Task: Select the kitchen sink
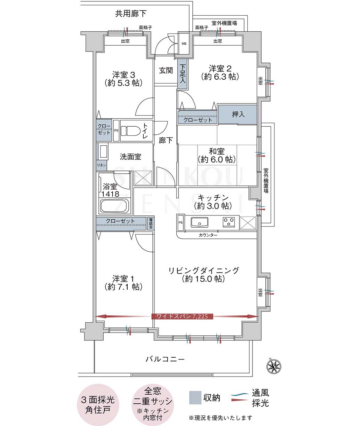tap(199, 222)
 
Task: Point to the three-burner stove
tap(229, 222)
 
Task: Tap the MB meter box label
tap(184, 44)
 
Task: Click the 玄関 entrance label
tap(166, 71)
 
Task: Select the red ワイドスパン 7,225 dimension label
tap(182, 316)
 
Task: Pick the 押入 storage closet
tap(238, 115)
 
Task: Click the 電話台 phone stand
tap(151, 223)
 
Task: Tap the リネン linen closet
tap(102, 165)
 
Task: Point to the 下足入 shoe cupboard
tap(183, 74)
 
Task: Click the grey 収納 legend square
tap(195, 397)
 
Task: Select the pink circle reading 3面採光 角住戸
tap(98, 404)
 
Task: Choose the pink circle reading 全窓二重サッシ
tap(153, 404)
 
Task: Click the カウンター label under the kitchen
tap(208, 235)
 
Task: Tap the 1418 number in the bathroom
tap(110, 194)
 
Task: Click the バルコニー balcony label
tap(165, 360)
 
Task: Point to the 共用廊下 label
tap(131, 14)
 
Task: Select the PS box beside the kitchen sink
tap(181, 223)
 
